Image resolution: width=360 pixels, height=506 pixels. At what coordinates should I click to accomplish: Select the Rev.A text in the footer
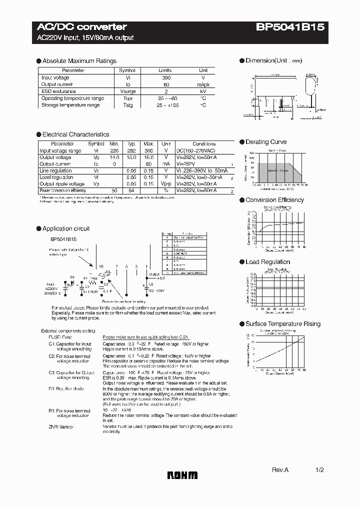[x=280, y=470]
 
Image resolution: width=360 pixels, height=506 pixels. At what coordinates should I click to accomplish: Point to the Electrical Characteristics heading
[x=75, y=134]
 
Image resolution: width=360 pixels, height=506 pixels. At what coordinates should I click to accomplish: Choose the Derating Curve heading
[x=266, y=142]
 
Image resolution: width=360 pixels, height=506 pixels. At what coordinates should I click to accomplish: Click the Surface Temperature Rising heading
[x=282, y=324]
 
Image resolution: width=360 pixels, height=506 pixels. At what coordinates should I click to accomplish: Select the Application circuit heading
[x=66, y=228]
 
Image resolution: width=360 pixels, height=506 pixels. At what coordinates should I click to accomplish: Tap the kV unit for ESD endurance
[x=203, y=91]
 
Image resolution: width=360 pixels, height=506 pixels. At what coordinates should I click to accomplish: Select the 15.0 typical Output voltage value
[x=131, y=157]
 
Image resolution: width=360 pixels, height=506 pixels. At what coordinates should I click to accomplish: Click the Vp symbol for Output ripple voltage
[x=96, y=184]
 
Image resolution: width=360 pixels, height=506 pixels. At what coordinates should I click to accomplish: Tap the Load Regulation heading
[x=267, y=262]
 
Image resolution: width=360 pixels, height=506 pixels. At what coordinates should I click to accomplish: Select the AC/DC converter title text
[x=82, y=27]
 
